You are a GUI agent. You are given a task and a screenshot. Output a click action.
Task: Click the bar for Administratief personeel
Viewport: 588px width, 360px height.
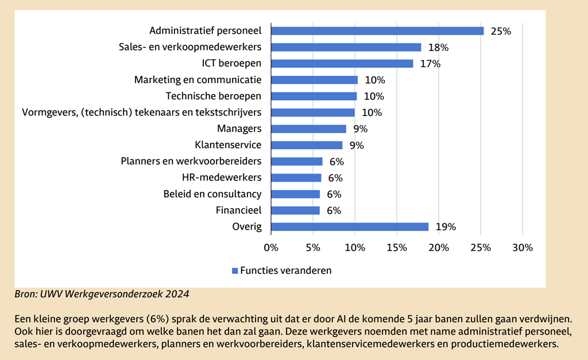pos(377,31)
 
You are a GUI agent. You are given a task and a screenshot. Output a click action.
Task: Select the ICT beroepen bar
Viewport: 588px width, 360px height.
pos(342,64)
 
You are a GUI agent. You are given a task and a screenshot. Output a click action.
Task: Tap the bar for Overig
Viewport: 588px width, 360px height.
pos(349,227)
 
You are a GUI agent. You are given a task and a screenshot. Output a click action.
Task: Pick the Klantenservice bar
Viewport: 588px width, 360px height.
pos(306,145)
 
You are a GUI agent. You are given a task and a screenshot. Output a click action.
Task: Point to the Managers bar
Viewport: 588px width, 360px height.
pos(308,129)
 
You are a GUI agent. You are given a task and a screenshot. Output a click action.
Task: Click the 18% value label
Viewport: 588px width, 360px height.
pos(439,48)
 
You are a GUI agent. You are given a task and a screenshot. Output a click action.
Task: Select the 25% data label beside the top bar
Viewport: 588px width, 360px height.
pos(501,31)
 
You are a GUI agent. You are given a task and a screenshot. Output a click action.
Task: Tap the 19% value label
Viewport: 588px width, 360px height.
pos(446,227)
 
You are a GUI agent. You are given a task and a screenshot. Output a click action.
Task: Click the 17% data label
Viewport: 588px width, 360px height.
pos(430,64)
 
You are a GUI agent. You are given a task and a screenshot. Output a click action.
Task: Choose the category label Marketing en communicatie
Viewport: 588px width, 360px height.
pos(198,80)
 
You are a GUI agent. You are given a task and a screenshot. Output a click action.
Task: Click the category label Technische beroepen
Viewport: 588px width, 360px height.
pos(214,96)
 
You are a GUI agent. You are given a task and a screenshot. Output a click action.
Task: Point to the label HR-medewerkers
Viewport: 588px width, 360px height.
pos(221,177)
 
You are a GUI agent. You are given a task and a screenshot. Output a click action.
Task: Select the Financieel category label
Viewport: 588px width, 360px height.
pos(238,210)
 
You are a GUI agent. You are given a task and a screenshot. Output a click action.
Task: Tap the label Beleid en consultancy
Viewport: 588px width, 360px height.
pos(212,194)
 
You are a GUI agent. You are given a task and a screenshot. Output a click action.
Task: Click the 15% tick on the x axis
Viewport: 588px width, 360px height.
pos(396,248)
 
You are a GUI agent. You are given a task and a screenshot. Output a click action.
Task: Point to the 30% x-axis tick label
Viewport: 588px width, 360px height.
pos(522,248)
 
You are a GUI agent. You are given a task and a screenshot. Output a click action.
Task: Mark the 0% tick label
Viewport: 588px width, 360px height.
pos(270,248)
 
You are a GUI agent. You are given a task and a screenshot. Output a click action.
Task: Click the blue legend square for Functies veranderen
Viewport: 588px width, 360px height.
pos(235,270)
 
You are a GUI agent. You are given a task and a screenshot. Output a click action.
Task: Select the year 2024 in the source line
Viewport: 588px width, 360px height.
pos(177,294)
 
